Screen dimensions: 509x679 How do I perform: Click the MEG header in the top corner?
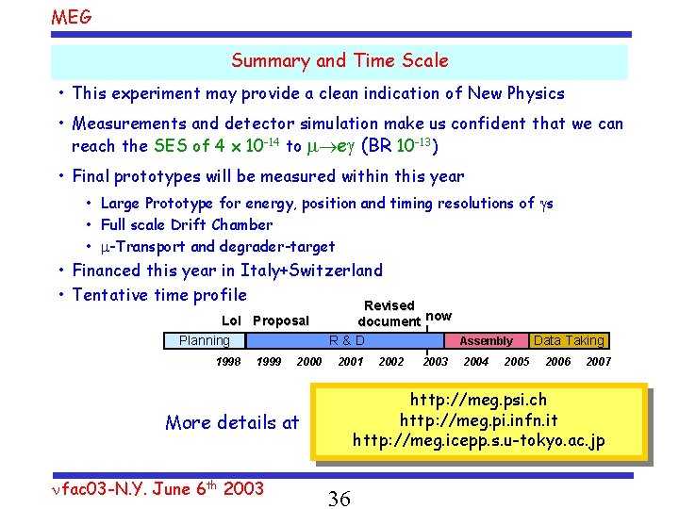(72, 17)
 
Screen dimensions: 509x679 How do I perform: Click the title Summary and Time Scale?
(339, 61)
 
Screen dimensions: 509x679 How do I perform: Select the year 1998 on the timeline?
(227, 362)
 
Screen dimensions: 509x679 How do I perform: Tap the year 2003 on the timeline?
(436, 362)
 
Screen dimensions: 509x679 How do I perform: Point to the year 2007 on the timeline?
(598, 362)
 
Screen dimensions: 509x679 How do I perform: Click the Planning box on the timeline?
(204, 341)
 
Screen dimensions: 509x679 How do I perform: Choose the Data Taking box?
(569, 341)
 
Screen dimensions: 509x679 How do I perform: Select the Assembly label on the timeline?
(486, 341)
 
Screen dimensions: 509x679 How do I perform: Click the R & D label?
(346, 341)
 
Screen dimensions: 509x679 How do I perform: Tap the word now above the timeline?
(439, 317)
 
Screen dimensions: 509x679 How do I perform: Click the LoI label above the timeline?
(231, 321)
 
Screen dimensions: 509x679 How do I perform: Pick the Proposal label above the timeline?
(281, 321)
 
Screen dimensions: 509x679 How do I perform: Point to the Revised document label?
(389, 314)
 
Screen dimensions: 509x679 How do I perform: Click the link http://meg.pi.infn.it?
(479, 419)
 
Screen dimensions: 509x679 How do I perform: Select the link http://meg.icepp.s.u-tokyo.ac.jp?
(479, 441)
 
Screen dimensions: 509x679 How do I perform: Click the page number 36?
(339, 499)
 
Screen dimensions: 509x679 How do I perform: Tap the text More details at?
(232, 422)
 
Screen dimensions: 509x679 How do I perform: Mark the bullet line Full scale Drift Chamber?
(187, 224)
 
